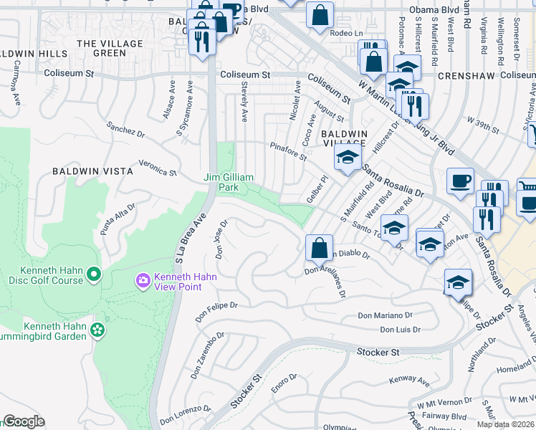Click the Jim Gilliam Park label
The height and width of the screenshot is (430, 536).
(229, 182)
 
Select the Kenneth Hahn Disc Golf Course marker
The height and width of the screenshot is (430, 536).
(94, 273)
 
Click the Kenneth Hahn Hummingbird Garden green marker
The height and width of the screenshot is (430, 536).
(97, 330)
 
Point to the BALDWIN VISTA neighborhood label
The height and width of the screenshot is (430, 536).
(92, 171)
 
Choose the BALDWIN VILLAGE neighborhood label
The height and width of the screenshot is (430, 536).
(345, 139)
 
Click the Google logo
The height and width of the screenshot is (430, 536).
(24, 421)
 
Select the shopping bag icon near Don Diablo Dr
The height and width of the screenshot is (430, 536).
(319, 249)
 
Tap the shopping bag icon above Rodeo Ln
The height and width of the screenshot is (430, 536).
(320, 14)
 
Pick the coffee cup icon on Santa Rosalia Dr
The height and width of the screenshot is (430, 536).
(460, 181)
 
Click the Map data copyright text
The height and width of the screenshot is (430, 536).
(505, 424)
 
